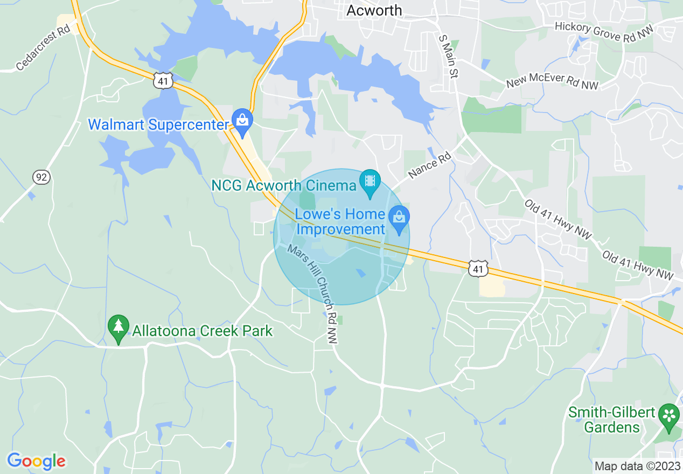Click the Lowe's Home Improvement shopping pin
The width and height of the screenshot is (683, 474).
[x=399, y=219]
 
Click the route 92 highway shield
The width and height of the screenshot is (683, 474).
[x=41, y=177]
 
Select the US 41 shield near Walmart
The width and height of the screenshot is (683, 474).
[x=162, y=81]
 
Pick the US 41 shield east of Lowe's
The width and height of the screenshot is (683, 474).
[x=478, y=268]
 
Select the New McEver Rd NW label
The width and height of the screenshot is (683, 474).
[x=552, y=81]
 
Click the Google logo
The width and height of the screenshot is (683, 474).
[x=36, y=461]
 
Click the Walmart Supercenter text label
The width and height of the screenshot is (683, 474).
[x=158, y=125]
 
